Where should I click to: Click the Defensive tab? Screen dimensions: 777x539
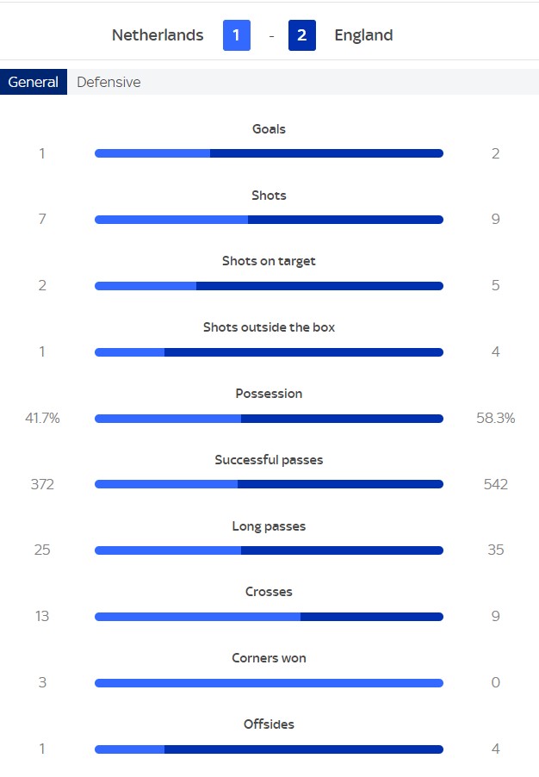(108, 83)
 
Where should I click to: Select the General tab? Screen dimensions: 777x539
(34, 83)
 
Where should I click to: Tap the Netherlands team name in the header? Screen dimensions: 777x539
(158, 35)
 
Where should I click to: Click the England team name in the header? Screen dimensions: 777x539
(363, 35)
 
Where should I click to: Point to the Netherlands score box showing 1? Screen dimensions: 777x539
(237, 35)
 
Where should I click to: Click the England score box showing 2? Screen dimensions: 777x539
(301, 35)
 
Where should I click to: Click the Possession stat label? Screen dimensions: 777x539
(269, 394)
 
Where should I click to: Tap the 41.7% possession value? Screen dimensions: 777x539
(42, 418)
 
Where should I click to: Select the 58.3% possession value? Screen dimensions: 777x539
(495, 418)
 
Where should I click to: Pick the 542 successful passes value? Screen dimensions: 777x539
(495, 484)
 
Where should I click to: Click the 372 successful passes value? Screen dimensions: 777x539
(42, 484)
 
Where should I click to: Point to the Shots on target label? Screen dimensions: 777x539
(269, 261)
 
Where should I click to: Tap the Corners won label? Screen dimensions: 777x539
(269, 658)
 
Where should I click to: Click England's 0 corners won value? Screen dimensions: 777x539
(495, 682)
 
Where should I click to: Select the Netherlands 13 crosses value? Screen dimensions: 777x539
(42, 616)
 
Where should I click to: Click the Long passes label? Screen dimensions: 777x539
(269, 526)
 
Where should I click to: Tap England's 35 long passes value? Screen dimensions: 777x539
(495, 550)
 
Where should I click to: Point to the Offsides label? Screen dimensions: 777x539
(269, 724)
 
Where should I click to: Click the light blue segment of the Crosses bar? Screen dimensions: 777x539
(197, 617)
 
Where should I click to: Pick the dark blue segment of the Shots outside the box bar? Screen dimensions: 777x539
(303, 352)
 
